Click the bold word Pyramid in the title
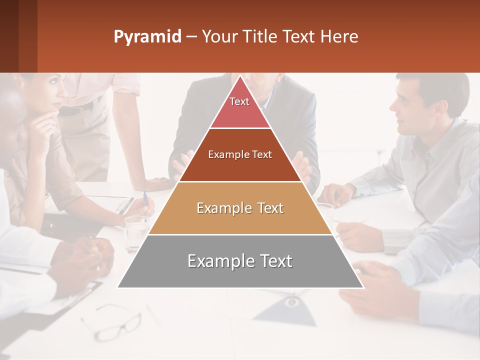(147, 37)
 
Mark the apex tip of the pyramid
(240, 76)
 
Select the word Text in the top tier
(239, 101)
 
